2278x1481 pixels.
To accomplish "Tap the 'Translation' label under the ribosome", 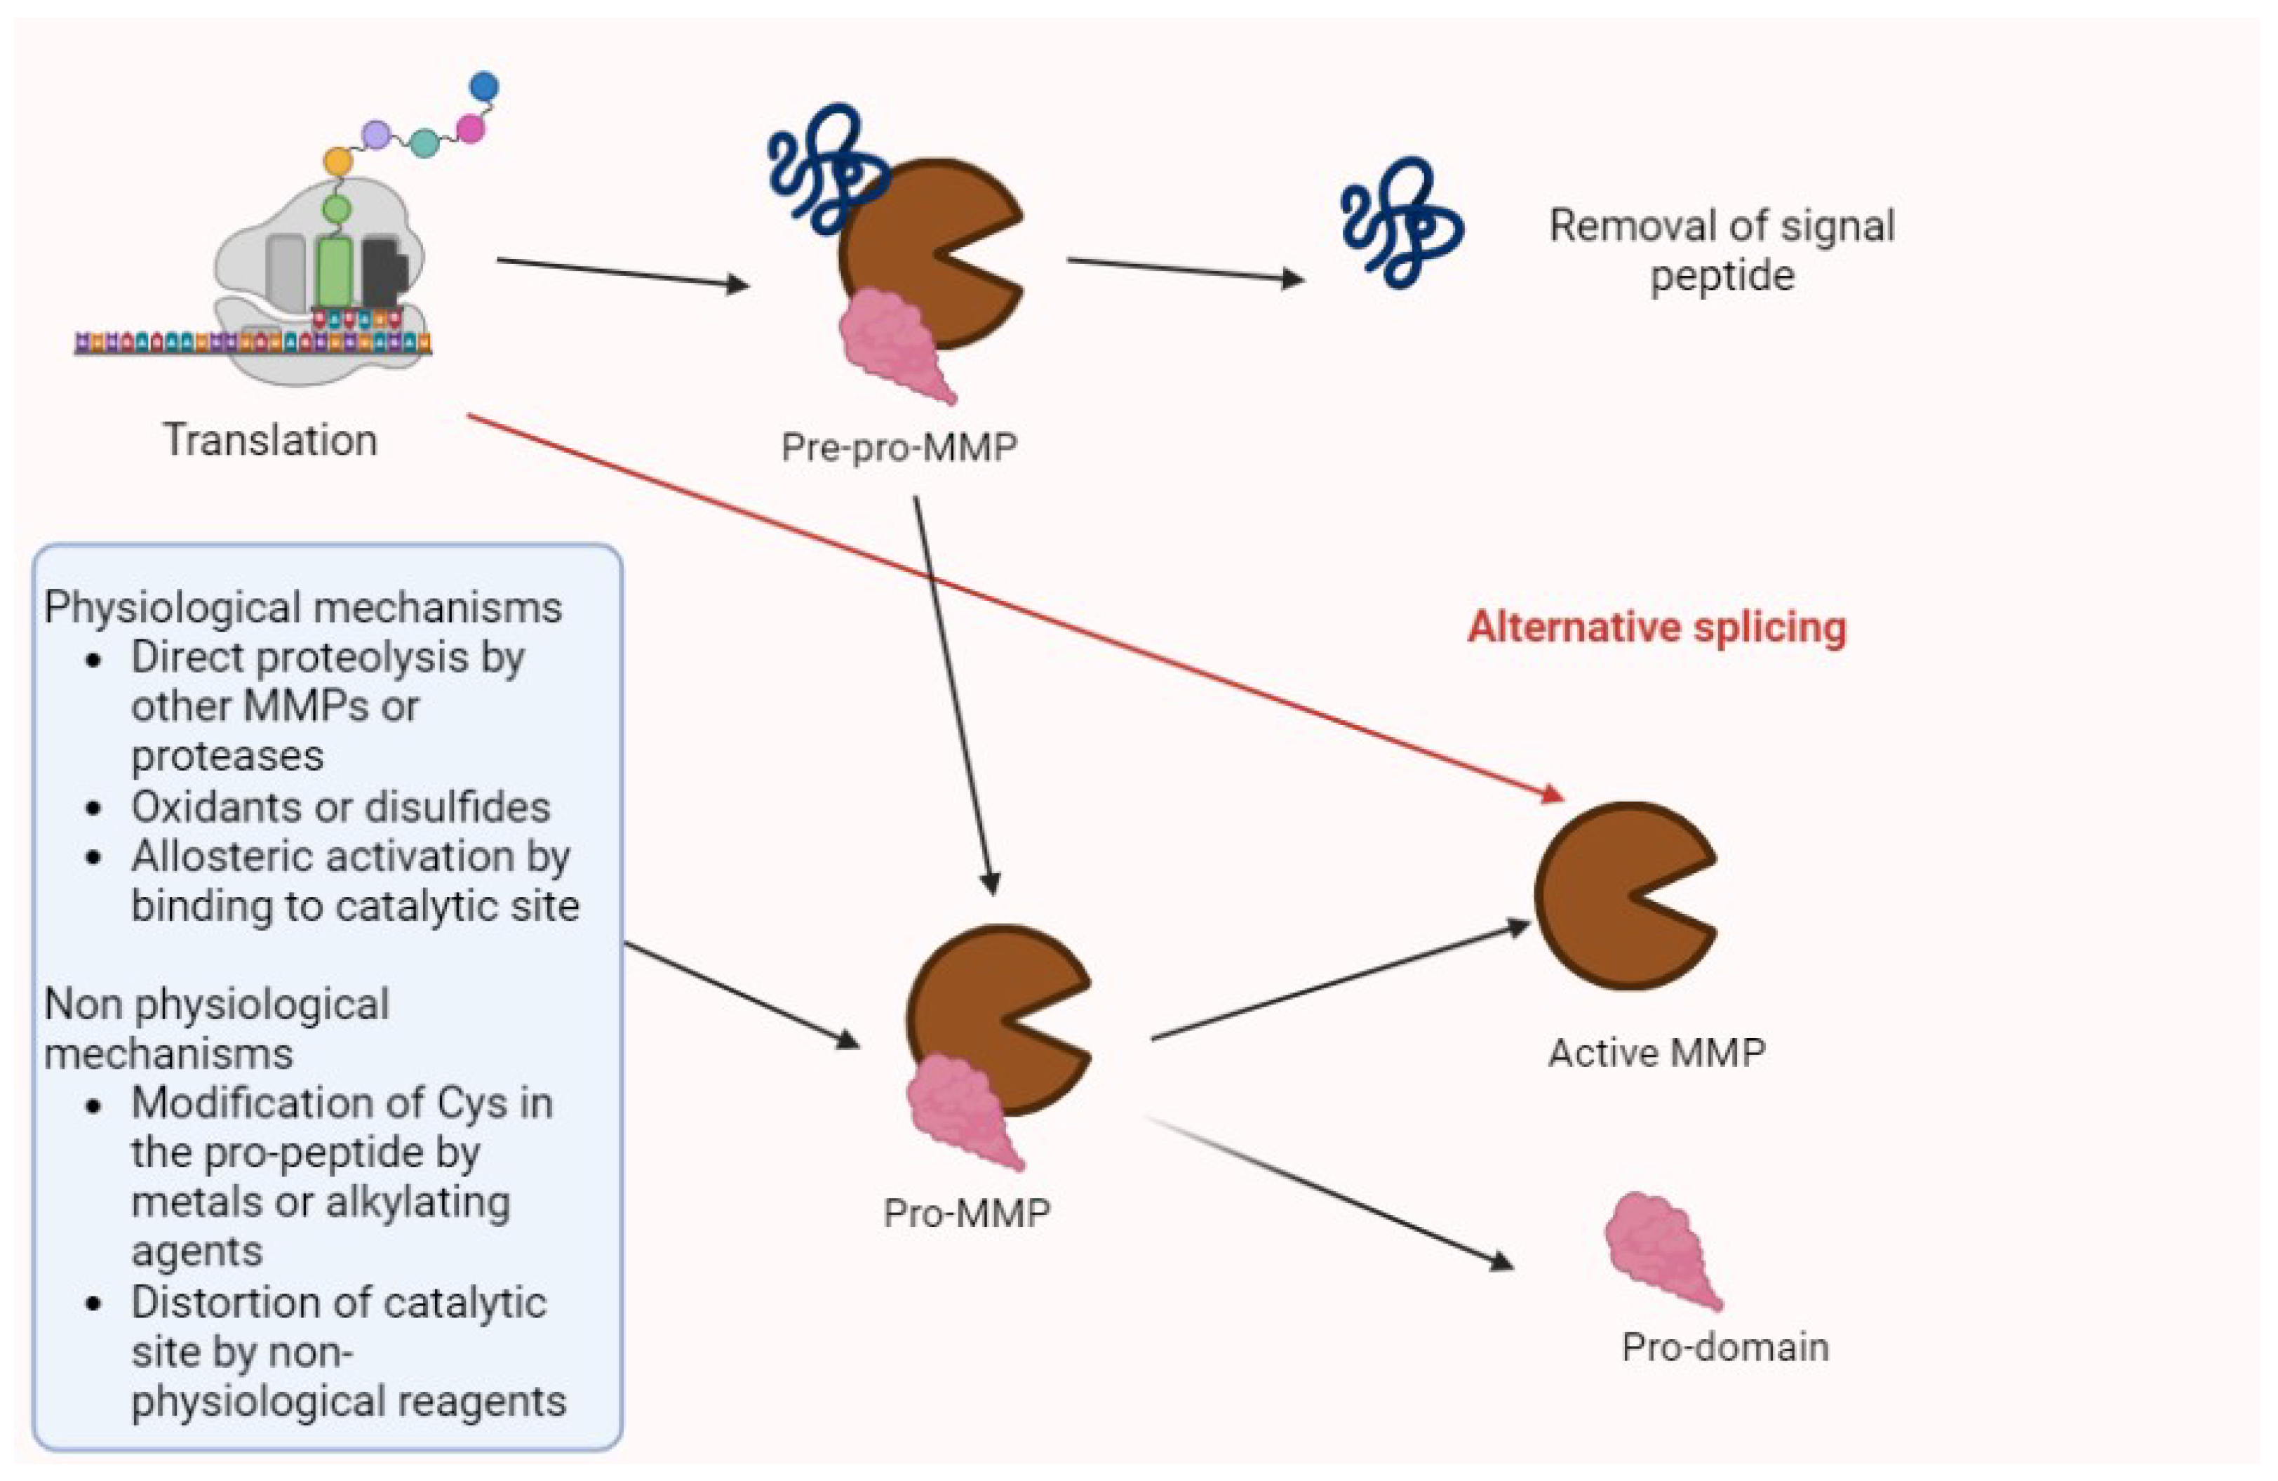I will point(270,440).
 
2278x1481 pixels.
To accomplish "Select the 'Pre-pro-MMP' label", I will point(898,446).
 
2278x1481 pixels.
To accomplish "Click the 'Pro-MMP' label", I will point(967,1213).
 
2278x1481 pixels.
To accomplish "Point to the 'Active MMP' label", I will point(1656,1053).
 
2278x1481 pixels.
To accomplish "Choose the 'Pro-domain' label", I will point(1724,1347).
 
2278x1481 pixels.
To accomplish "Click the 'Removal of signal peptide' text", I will point(1721,251).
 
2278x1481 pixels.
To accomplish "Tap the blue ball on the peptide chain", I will point(484,86).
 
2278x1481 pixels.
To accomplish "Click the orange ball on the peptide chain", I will point(337,161).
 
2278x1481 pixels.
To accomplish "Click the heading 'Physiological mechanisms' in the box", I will point(302,607).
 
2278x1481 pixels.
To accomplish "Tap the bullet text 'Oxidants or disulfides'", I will point(341,807).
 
